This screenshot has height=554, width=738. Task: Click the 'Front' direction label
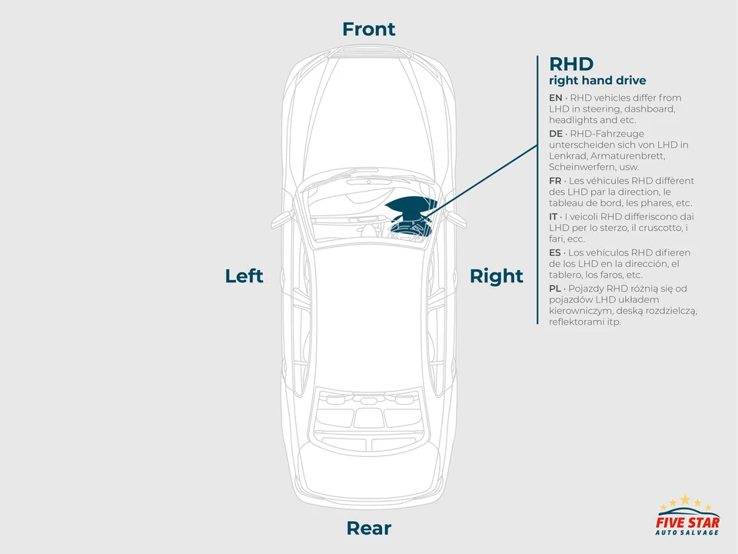coord(368,29)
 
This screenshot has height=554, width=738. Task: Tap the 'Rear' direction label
coord(368,529)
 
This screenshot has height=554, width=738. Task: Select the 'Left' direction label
coord(244,276)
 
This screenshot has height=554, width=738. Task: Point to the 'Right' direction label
coord(496,276)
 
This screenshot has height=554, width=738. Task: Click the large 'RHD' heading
coord(570,64)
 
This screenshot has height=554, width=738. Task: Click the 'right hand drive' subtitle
coord(597,81)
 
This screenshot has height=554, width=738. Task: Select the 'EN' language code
coord(555,98)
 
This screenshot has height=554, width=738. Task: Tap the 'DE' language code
coord(555,134)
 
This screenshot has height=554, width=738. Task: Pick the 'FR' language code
coord(555,181)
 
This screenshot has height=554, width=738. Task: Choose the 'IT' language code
coord(553,217)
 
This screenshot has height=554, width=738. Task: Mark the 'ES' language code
coord(555,252)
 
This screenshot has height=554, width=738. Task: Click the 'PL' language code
coord(555,289)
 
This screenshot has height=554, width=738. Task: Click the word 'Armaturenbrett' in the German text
coord(620,155)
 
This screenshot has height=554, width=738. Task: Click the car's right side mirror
coord(457,219)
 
